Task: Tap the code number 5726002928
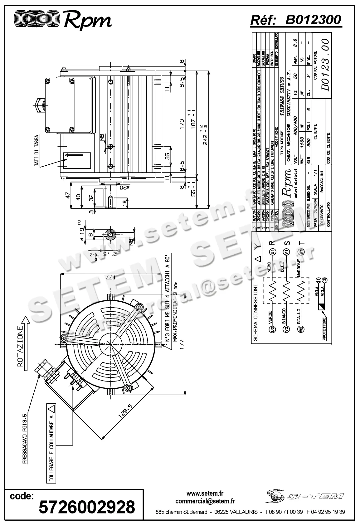(x=87, y=507)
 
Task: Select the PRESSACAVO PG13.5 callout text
(x=25, y=440)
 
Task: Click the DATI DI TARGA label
(x=37, y=151)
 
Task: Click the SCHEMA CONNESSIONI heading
(x=255, y=312)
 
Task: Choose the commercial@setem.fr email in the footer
(x=205, y=501)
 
